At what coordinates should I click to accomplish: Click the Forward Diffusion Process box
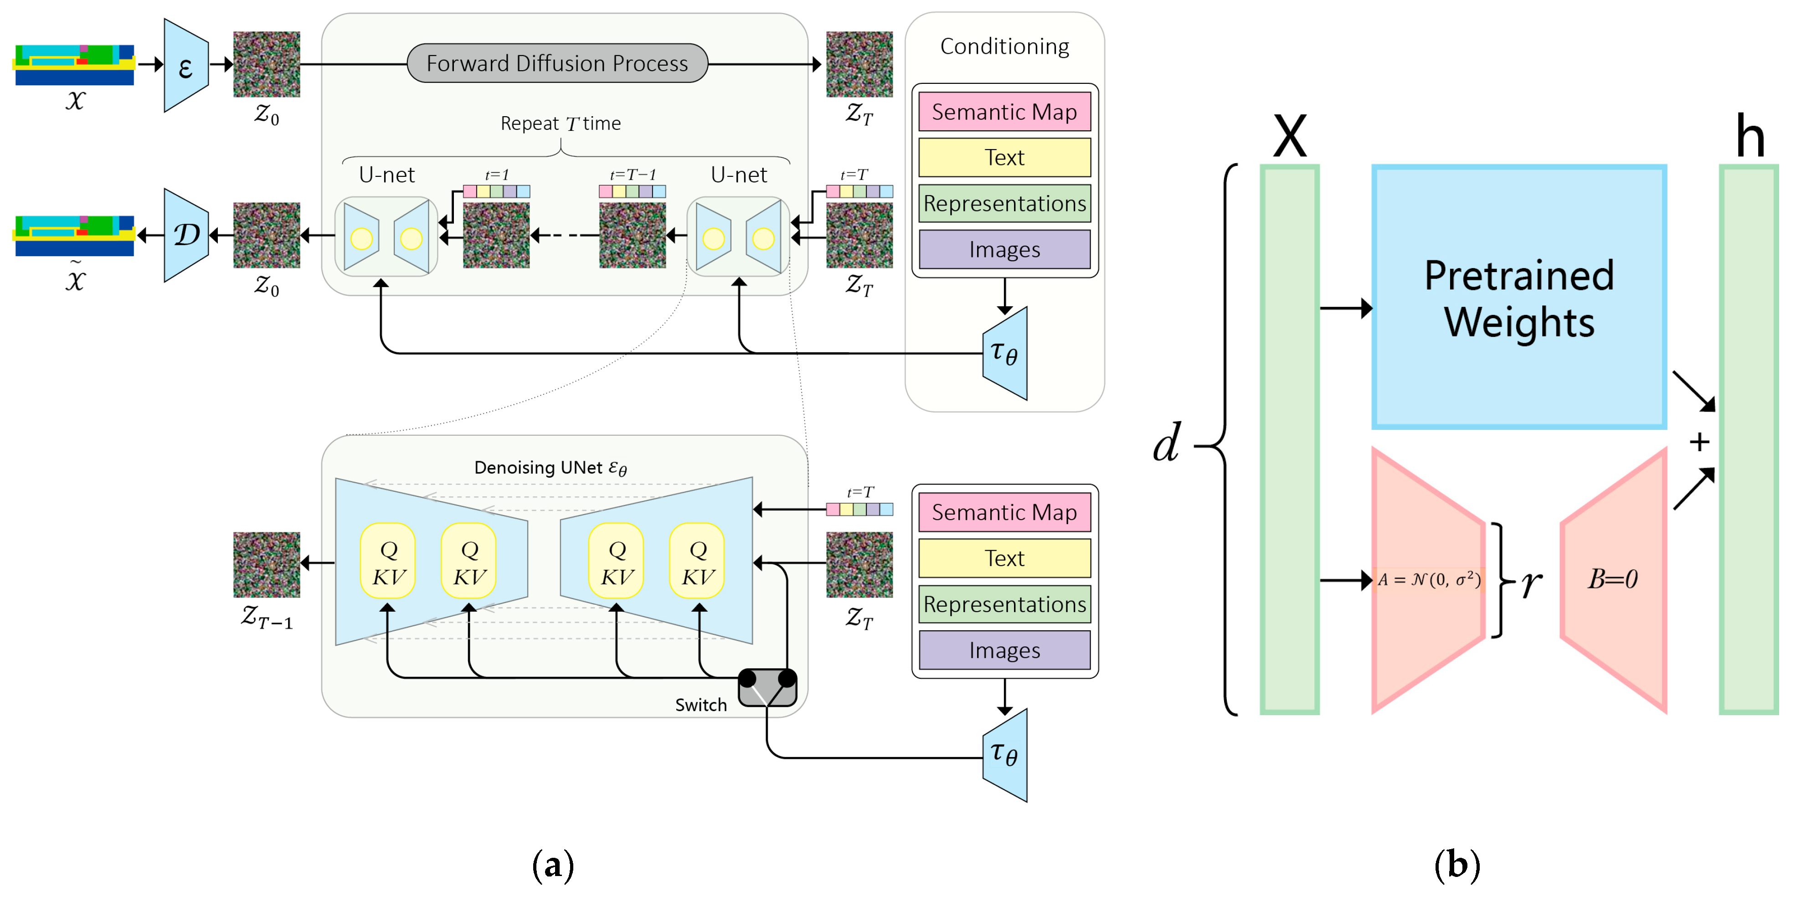click(x=557, y=63)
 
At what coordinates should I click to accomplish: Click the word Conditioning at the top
click(x=1004, y=46)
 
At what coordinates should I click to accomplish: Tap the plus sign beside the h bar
click(x=1699, y=442)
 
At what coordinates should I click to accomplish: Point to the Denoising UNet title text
click(x=550, y=467)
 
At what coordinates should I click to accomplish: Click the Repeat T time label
click(x=561, y=124)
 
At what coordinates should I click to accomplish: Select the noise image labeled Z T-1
click(x=266, y=564)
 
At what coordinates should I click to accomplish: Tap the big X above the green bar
click(x=1290, y=136)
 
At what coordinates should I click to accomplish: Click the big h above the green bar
click(x=1750, y=136)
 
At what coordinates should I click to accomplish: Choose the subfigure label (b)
click(x=1457, y=865)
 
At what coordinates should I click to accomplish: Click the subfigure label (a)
click(x=553, y=865)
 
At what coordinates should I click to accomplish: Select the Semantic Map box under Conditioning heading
click(x=1004, y=112)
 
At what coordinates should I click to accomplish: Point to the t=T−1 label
click(x=633, y=175)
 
